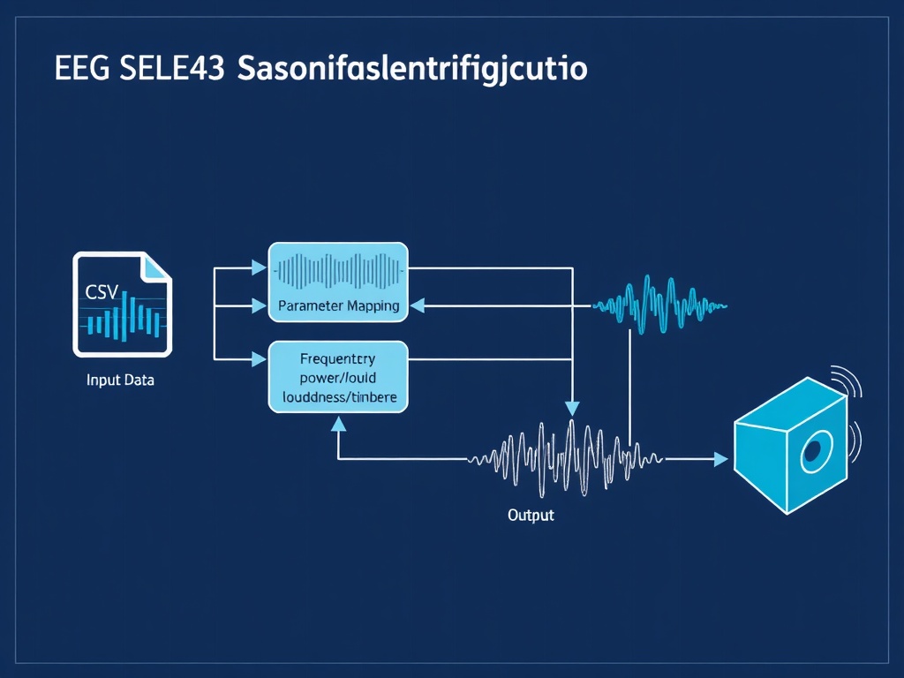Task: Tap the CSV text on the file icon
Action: click(x=102, y=291)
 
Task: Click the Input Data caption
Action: click(x=120, y=381)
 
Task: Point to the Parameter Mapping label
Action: click(x=338, y=305)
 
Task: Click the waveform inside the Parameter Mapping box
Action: click(x=338, y=270)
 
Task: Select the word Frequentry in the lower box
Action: click(x=337, y=359)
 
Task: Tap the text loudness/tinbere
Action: click(x=339, y=398)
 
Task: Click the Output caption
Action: click(x=531, y=515)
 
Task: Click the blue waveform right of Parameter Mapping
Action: click(x=658, y=305)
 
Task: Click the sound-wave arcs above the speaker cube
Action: click(x=850, y=380)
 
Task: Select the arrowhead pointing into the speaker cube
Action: click(x=720, y=459)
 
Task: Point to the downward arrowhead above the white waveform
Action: click(x=572, y=408)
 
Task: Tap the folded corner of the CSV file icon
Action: click(x=157, y=267)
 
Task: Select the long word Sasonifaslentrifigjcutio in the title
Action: click(x=412, y=70)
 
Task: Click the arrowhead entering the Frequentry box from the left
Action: click(x=260, y=359)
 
